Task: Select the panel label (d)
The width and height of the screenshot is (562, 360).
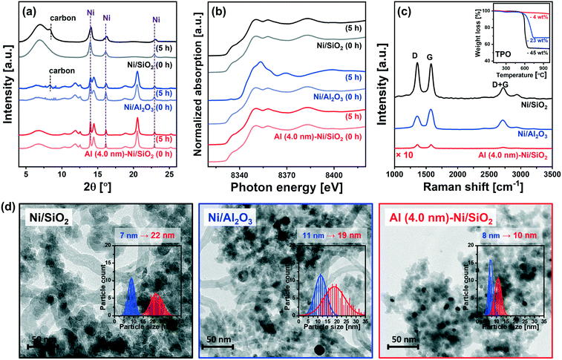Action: click(x=13, y=202)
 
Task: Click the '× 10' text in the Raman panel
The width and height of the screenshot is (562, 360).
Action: click(x=408, y=154)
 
